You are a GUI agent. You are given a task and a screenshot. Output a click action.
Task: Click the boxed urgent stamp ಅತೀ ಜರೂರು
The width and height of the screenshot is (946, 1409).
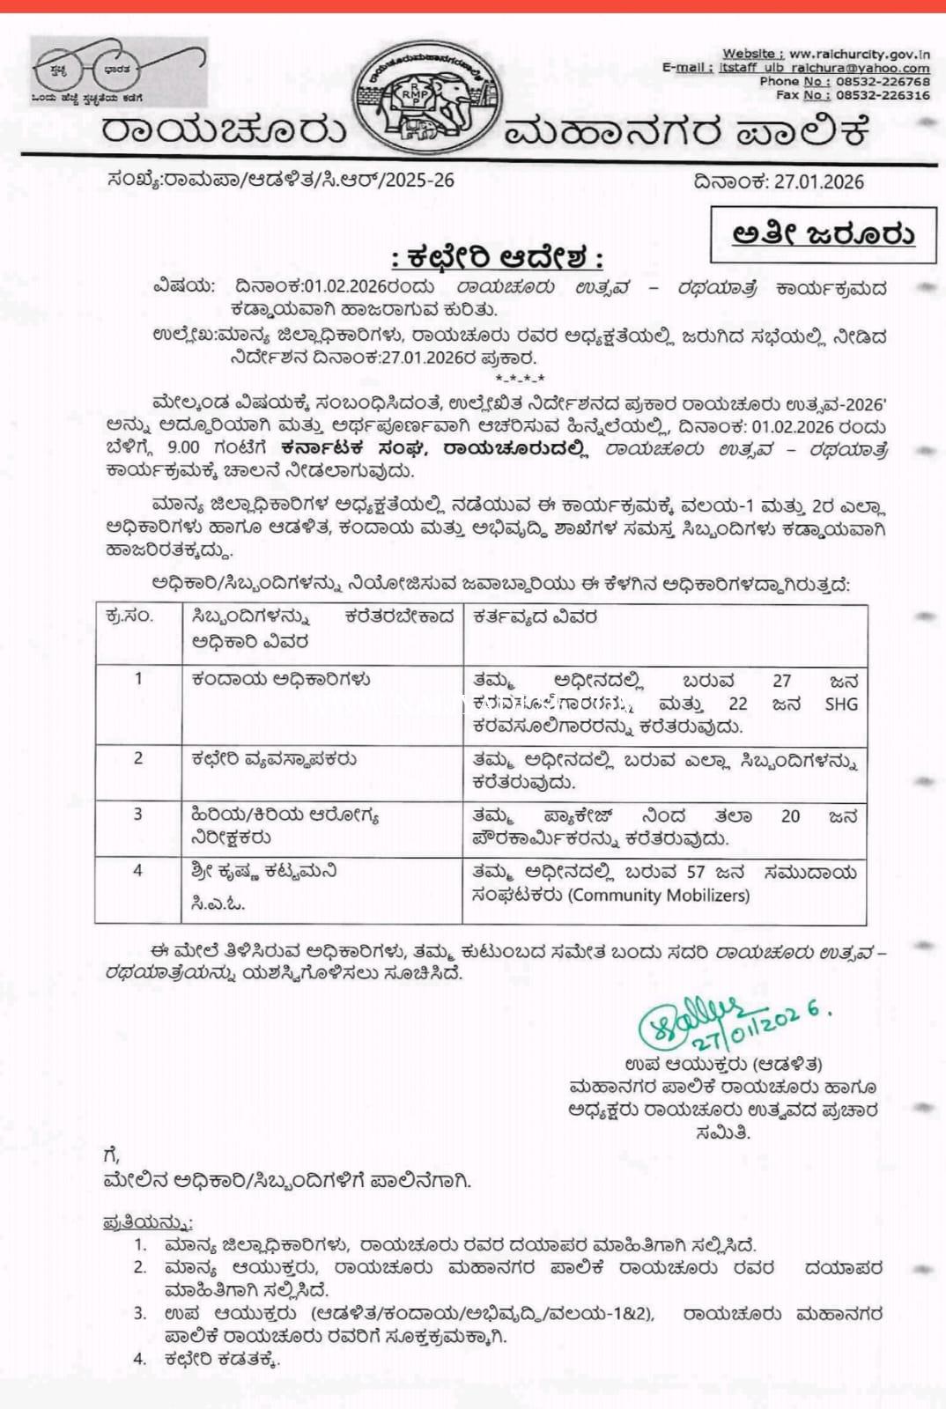(x=823, y=234)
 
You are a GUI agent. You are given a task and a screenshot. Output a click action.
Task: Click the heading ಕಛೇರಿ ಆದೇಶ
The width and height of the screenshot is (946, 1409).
(x=498, y=259)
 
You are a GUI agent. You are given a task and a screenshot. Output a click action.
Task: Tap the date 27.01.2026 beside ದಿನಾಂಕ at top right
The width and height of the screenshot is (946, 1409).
(x=819, y=182)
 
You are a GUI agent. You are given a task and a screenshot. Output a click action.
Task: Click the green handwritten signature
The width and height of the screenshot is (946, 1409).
(x=696, y=1023)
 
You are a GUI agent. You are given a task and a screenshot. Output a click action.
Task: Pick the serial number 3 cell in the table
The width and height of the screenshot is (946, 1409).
(x=137, y=815)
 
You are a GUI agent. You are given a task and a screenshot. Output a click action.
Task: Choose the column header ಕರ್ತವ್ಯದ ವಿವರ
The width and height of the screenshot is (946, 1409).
(x=535, y=616)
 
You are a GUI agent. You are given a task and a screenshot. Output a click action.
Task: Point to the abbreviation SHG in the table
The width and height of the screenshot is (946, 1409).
(x=840, y=704)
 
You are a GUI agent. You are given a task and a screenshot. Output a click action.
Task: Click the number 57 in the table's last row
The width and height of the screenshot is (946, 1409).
(x=695, y=873)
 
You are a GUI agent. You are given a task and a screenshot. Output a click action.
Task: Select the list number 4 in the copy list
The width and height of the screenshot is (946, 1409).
(x=140, y=1359)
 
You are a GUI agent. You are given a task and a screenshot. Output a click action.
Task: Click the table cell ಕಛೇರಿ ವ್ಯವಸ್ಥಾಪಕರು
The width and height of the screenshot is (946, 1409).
(x=274, y=759)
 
